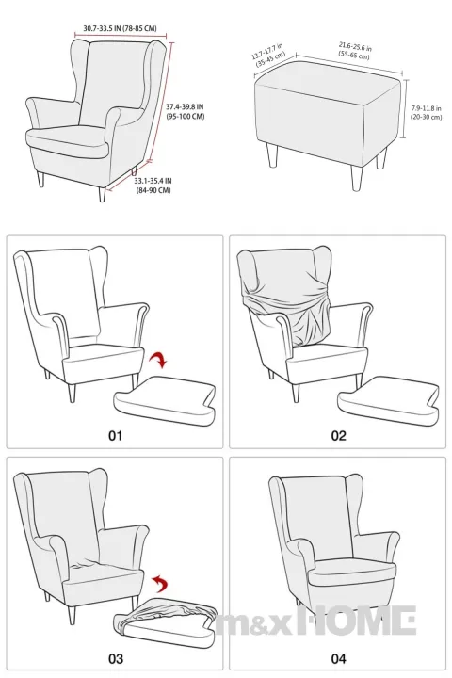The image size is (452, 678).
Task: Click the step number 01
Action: tap(114, 435)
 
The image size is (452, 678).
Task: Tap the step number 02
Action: tap(337, 435)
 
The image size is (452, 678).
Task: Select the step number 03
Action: tap(114, 656)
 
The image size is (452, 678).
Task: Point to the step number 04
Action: tap(337, 656)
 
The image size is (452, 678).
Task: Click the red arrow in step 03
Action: tap(162, 580)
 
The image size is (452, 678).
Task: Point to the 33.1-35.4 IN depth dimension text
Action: tap(152, 185)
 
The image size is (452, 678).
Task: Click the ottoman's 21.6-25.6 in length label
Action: tap(355, 50)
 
